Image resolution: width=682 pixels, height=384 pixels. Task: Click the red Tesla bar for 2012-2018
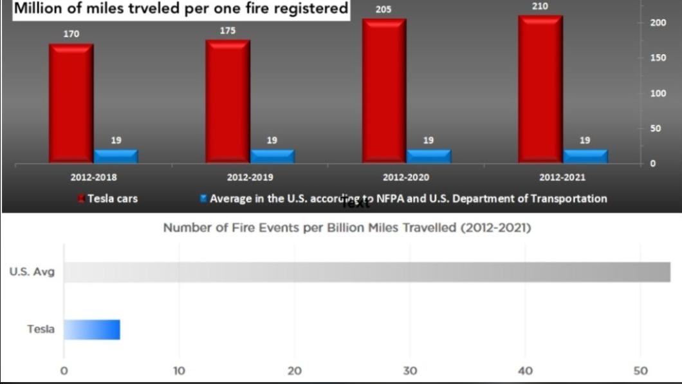(71, 104)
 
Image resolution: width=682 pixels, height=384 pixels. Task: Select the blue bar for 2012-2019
(273, 157)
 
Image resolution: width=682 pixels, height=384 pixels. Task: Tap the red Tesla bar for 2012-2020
(385, 91)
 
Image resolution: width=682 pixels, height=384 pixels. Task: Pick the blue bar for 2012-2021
(585, 157)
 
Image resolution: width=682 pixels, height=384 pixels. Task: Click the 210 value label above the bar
(540, 6)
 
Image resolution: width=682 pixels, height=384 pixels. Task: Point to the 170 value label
(71, 34)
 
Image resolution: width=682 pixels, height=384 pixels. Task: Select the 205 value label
(383, 10)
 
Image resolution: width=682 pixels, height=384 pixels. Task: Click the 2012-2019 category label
(250, 177)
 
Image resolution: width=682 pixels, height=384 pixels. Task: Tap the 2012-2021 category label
(562, 177)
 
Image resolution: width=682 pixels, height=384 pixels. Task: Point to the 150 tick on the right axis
(658, 58)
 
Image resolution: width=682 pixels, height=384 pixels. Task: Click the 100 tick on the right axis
(658, 93)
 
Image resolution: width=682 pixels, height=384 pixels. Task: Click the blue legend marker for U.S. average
(203, 198)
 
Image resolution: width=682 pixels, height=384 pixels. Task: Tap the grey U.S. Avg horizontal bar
(367, 272)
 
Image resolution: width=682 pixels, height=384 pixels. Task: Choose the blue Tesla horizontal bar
(92, 330)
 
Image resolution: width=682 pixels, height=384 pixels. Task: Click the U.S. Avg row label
(32, 272)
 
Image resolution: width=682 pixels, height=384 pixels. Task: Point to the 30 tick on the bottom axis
(410, 371)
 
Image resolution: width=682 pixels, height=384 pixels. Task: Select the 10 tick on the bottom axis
(180, 371)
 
